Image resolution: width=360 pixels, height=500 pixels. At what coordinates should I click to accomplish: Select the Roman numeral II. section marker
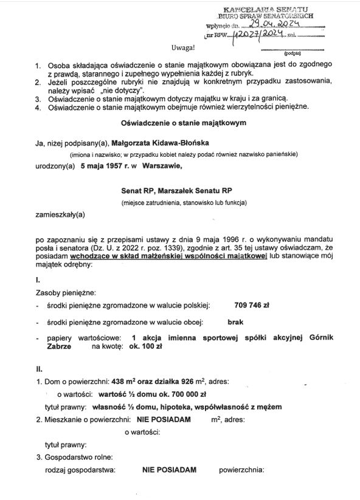(40, 369)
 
